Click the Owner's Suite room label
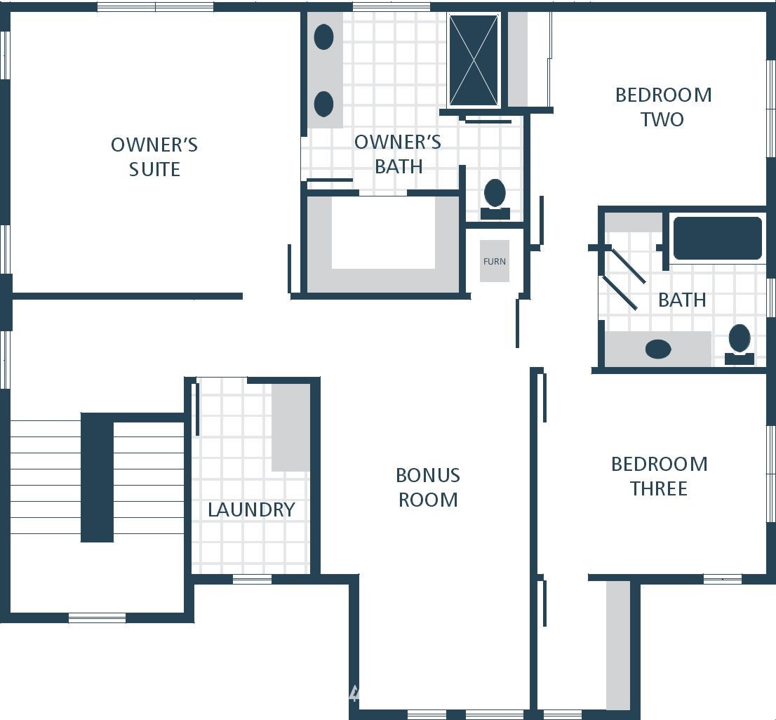pyautogui.click(x=154, y=157)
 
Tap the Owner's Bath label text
pyautogui.click(x=398, y=154)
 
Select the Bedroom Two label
pyautogui.click(x=663, y=107)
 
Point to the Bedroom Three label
pyautogui.click(x=660, y=476)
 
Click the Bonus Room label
pyautogui.click(x=428, y=488)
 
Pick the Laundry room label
pyautogui.click(x=251, y=509)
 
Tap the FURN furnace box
pyautogui.click(x=495, y=261)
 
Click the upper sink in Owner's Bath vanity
pyautogui.click(x=323, y=37)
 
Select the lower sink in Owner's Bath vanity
pyautogui.click(x=323, y=104)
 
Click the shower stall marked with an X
pyautogui.click(x=474, y=60)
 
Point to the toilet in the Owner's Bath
pyautogui.click(x=495, y=199)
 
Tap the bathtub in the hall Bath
pyautogui.click(x=718, y=238)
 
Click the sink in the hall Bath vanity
pyautogui.click(x=658, y=349)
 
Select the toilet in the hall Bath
pyautogui.click(x=740, y=345)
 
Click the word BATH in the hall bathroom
pyautogui.click(x=682, y=300)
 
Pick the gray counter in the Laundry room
pyautogui.click(x=290, y=427)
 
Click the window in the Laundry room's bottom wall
pyautogui.click(x=252, y=579)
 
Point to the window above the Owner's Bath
pyautogui.click(x=391, y=7)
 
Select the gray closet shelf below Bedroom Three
pyautogui.click(x=618, y=646)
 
